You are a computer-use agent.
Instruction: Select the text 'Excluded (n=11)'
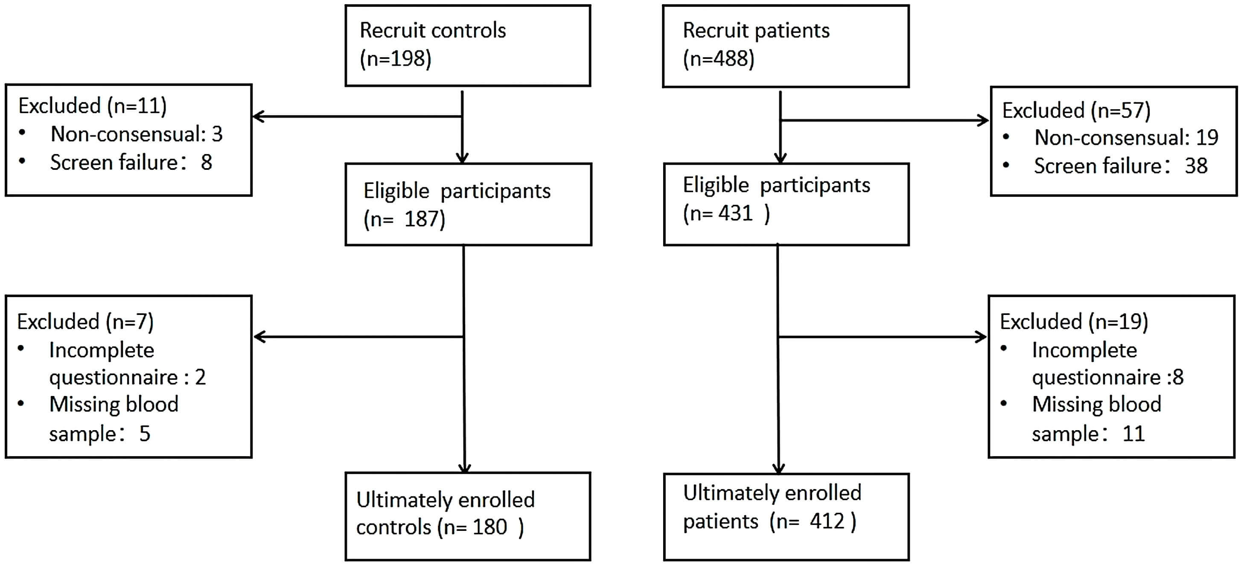click(93, 106)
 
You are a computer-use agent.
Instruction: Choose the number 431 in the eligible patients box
click(735, 213)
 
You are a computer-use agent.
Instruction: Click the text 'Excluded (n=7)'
click(85, 322)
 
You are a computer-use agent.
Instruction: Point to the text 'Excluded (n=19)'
click(1074, 322)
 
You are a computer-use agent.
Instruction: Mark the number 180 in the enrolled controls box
click(489, 527)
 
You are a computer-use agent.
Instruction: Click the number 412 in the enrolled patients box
click(827, 521)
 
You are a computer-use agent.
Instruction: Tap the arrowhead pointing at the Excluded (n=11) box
click(259, 116)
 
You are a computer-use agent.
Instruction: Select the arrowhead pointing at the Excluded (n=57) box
click(982, 120)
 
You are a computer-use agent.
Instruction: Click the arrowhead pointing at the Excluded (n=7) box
click(259, 337)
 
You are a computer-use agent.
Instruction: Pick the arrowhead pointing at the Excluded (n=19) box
click(980, 337)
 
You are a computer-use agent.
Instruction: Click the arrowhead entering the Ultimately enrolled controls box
click(464, 468)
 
